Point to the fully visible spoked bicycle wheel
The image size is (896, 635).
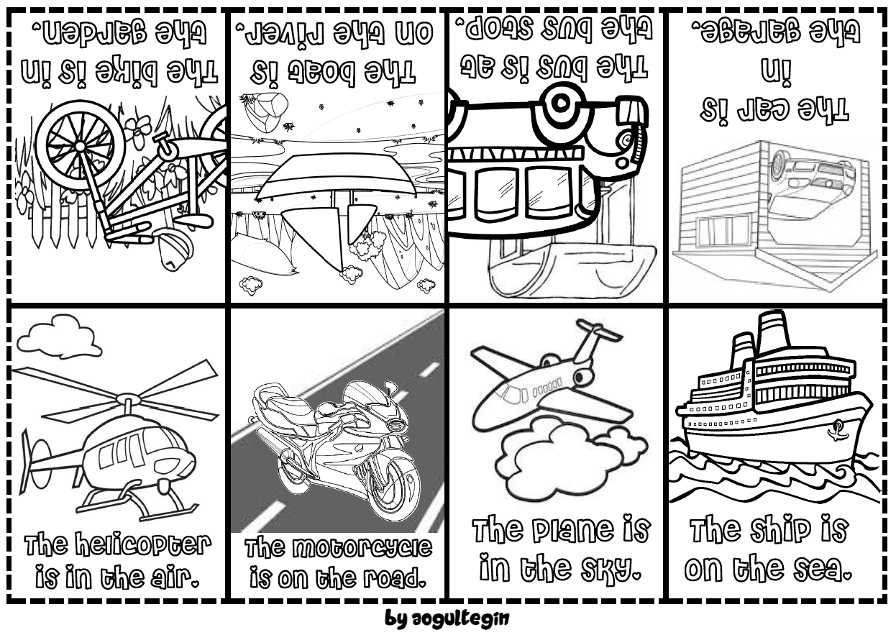80,145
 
